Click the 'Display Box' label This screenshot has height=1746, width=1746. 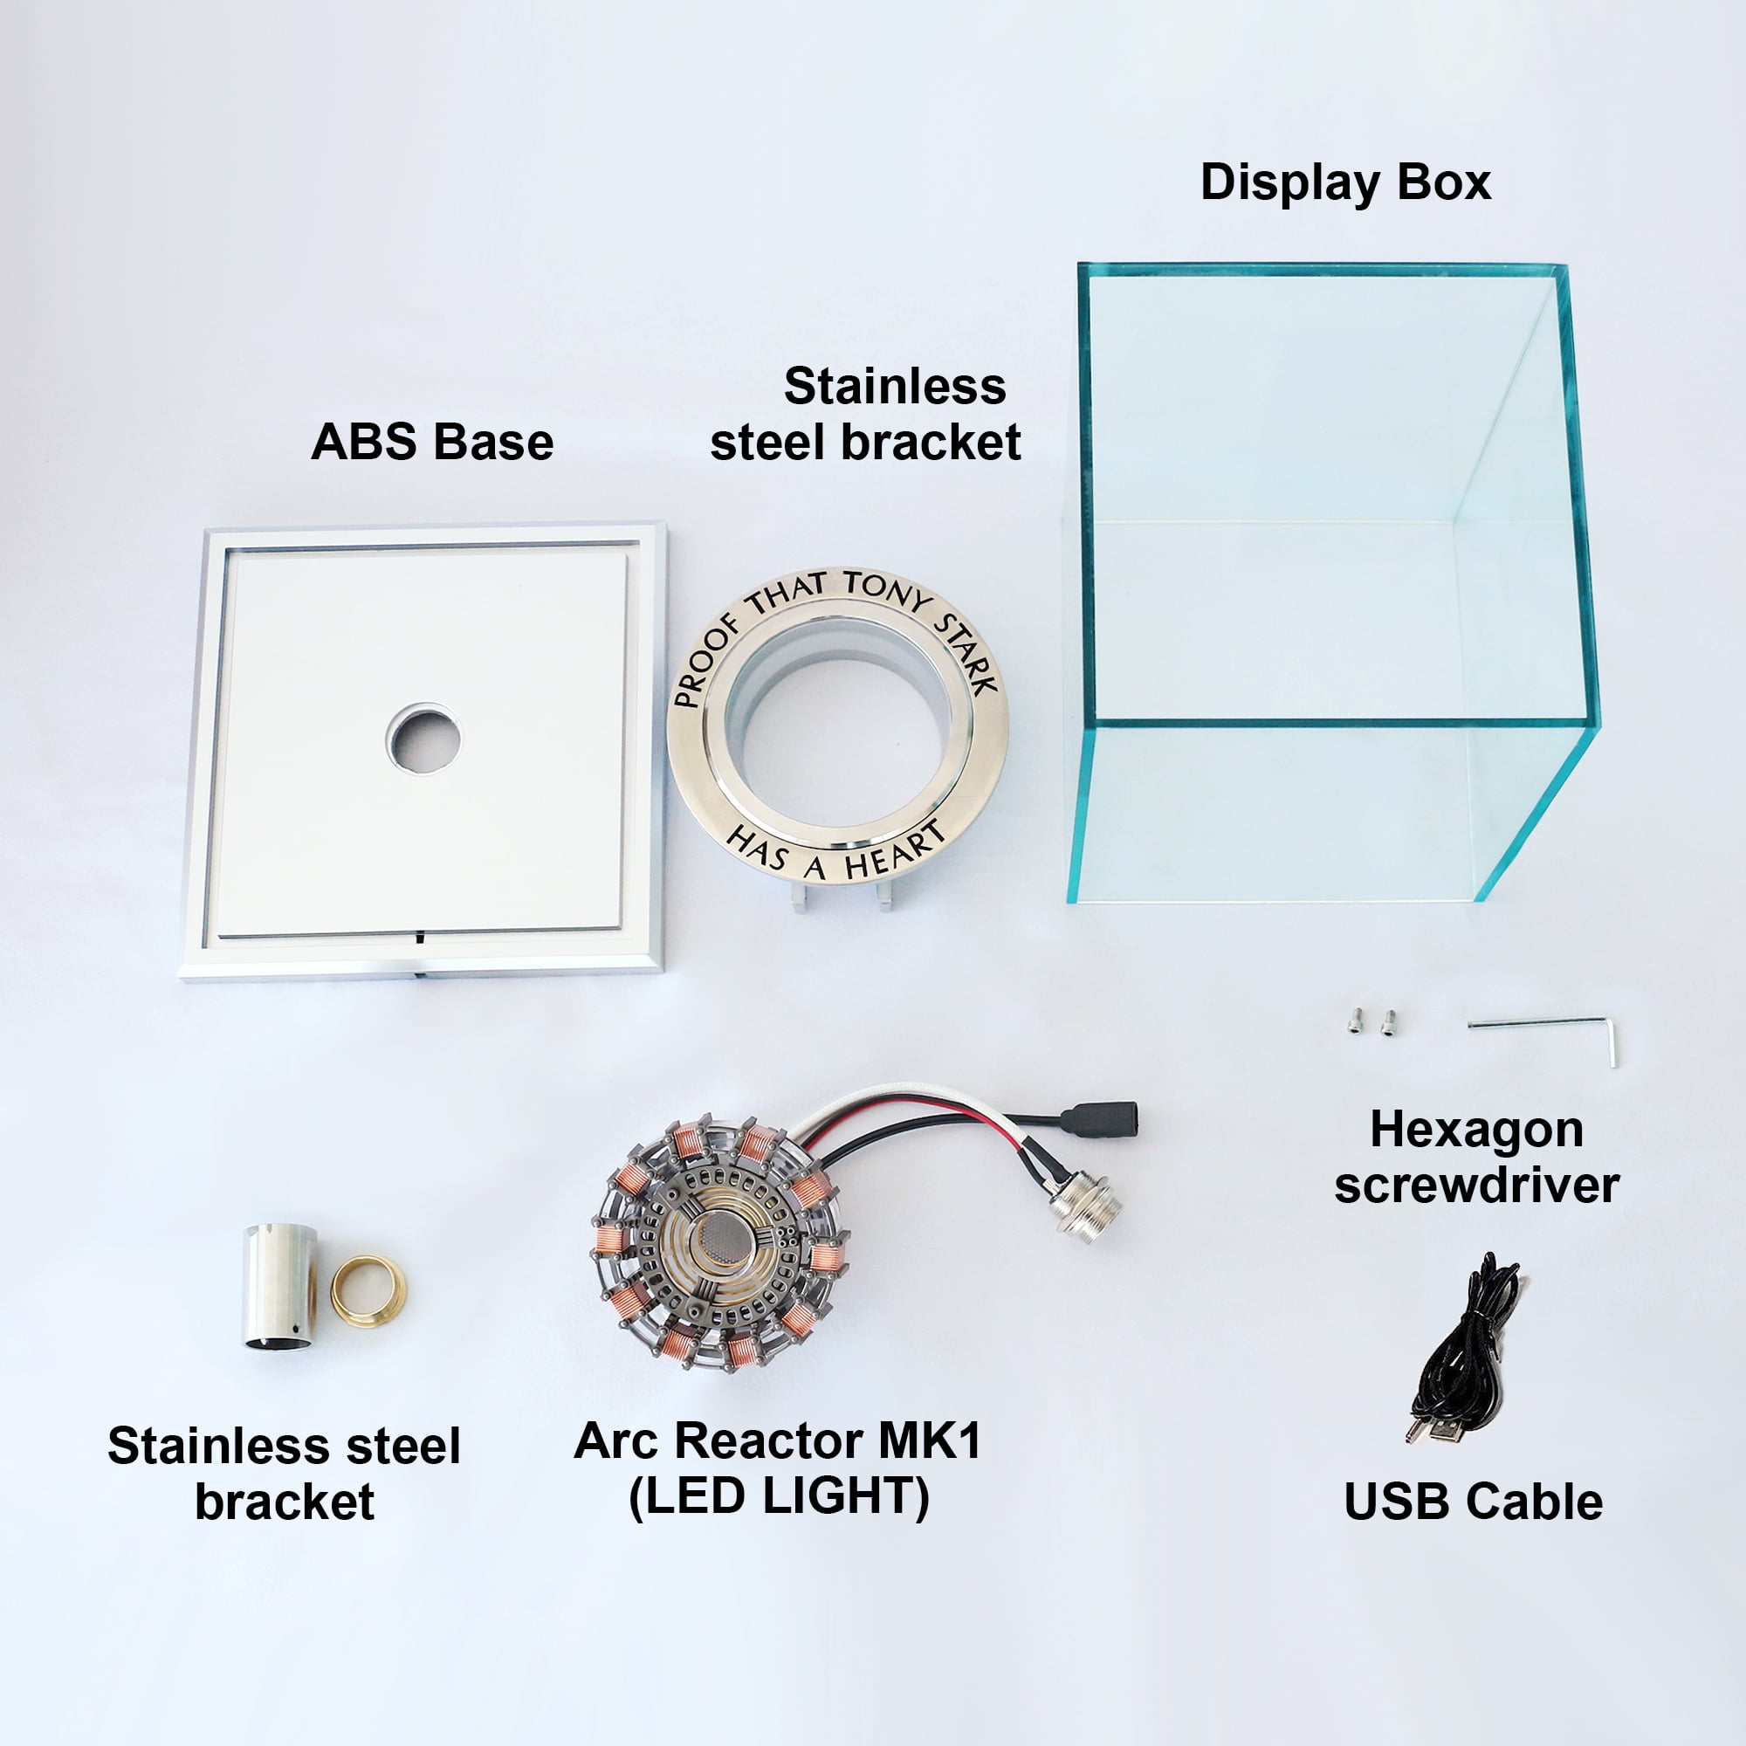[x=1344, y=183]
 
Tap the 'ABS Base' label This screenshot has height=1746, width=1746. [x=432, y=443]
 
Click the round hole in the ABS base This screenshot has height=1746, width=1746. [x=424, y=739]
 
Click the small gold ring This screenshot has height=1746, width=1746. [x=368, y=1289]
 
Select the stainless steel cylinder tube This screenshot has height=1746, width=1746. [x=280, y=1286]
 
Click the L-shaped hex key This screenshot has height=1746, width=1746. [x=1549, y=1033]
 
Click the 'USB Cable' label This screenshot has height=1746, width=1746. [x=1473, y=1502]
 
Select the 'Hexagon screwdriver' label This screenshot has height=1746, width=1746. [x=1477, y=1157]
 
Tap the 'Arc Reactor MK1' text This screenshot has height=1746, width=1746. [x=777, y=1440]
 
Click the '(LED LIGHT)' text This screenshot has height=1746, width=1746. [x=779, y=1496]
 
